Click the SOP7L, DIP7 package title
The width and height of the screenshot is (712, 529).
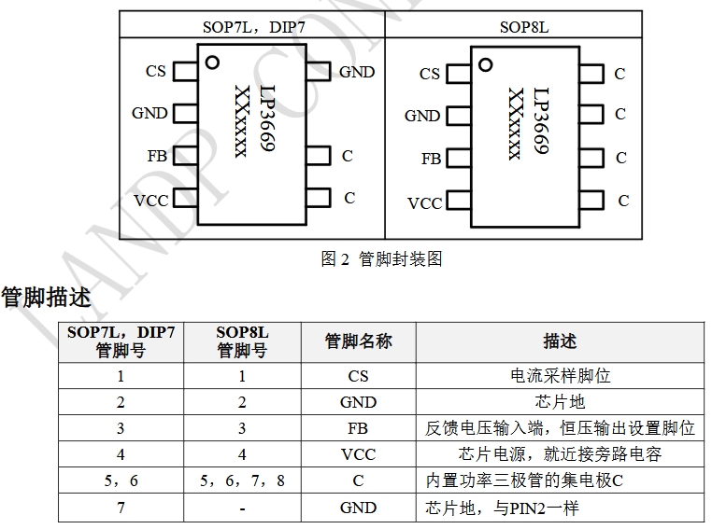tap(251, 26)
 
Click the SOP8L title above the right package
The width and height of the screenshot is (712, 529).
tap(523, 26)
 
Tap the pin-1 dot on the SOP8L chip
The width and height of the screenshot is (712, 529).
tap(485, 64)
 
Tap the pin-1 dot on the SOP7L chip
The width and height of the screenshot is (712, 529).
tap(212, 63)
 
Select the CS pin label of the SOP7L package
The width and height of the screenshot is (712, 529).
tap(156, 71)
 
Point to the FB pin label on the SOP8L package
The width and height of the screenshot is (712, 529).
tap(431, 159)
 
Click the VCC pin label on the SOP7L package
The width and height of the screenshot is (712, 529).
tap(150, 200)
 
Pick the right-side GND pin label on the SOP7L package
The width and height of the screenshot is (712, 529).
tap(357, 72)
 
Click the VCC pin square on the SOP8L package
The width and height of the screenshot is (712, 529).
tap(458, 201)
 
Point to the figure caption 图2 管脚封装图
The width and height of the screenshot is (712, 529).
tap(381, 259)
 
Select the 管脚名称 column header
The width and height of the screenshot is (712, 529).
tap(358, 341)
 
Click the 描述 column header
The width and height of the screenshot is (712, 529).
tap(560, 341)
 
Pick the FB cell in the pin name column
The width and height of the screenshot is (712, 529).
tap(358, 428)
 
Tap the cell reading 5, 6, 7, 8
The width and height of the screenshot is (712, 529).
tap(242, 481)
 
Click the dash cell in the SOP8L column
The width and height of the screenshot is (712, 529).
tap(242, 508)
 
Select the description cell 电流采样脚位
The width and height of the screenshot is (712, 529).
tap(560, 376)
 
